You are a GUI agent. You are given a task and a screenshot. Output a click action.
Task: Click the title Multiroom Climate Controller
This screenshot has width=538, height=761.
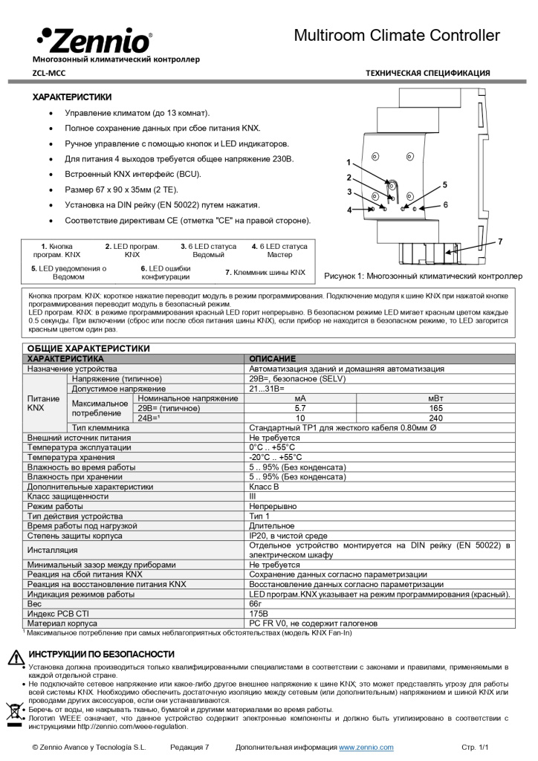[397, 35]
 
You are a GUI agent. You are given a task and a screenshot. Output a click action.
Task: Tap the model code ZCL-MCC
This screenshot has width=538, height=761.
[49, 73]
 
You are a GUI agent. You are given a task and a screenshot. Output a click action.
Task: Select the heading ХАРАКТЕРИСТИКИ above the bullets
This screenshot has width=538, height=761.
[71, 97]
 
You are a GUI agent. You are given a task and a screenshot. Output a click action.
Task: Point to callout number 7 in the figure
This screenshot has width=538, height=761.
[500, 242]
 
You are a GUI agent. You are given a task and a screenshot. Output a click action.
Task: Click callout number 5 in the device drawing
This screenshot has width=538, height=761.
[445, 184]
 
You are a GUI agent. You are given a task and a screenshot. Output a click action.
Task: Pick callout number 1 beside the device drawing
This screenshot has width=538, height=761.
[348, 161]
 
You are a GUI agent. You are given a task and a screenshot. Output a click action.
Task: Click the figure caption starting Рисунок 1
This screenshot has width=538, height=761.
[423, 276]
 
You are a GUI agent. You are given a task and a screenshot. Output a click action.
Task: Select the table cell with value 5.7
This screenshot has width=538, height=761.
[300, 408]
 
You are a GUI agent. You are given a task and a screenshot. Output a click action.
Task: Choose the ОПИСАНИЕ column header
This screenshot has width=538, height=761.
[272, 358]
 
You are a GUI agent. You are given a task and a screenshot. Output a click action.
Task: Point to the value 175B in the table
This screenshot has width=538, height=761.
[259, 613]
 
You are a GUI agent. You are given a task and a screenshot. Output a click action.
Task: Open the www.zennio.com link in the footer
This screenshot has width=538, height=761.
[366, 746]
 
